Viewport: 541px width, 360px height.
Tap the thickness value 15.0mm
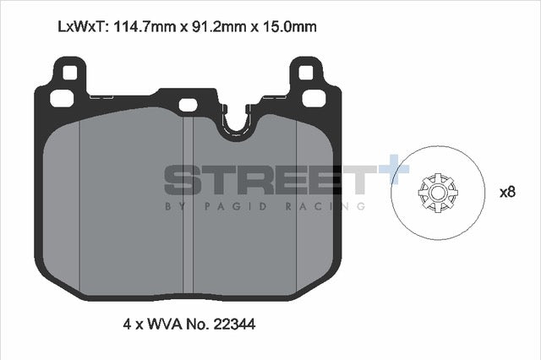click(x=289, y=26)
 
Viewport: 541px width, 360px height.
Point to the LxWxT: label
click(x=82, y=26)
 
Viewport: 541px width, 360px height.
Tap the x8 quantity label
click(x=506, y=192)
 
